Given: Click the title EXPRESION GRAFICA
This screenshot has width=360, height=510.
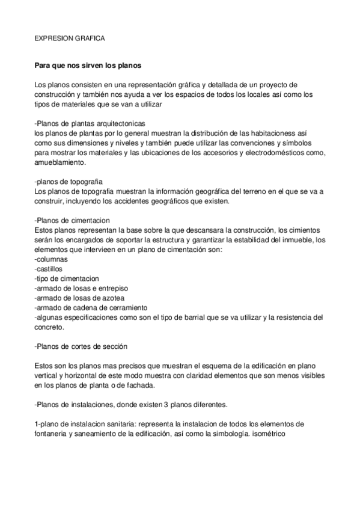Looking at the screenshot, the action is point(70,38).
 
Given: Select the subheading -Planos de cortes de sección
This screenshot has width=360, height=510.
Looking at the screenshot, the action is point(81,347).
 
